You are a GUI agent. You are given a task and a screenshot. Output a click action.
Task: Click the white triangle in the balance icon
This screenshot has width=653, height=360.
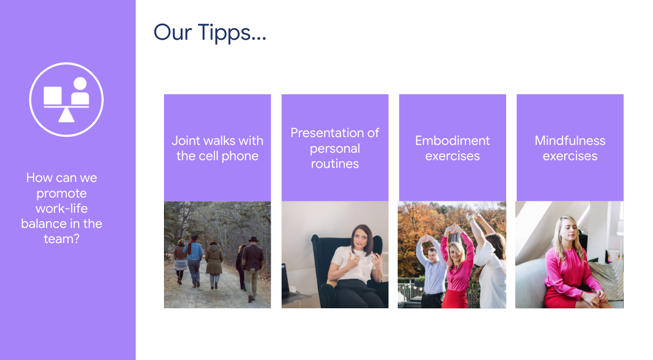[66, 115]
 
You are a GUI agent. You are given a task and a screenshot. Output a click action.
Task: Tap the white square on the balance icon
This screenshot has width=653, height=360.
[53, 96]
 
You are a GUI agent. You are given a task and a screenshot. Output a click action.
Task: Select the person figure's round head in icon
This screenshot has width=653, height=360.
[80, 84]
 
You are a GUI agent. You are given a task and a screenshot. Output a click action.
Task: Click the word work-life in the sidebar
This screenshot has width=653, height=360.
[62, 209]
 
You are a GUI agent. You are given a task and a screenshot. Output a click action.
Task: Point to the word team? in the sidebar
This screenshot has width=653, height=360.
[62, 239]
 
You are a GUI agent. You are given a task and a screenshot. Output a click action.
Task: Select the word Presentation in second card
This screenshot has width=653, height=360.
[327, 133]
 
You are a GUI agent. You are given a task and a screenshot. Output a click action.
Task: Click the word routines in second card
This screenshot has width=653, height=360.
[335, 164]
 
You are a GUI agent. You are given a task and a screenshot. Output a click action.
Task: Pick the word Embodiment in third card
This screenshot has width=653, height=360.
[453, 141]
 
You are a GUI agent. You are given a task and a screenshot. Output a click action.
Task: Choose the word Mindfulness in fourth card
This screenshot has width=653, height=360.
[570, 141]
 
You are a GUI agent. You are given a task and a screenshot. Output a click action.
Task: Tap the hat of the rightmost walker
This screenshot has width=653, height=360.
[253, 240]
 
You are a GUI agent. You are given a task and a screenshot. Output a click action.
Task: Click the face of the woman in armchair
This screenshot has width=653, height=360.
[361, 239]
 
